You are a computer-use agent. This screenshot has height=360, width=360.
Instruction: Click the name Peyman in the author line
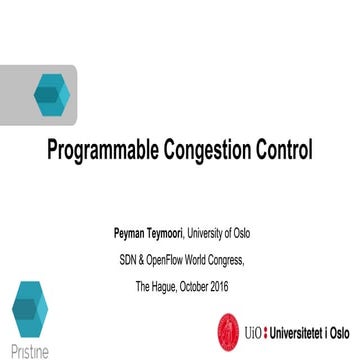click(131, 235)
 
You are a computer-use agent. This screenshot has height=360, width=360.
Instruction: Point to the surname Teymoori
click(172, 235)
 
